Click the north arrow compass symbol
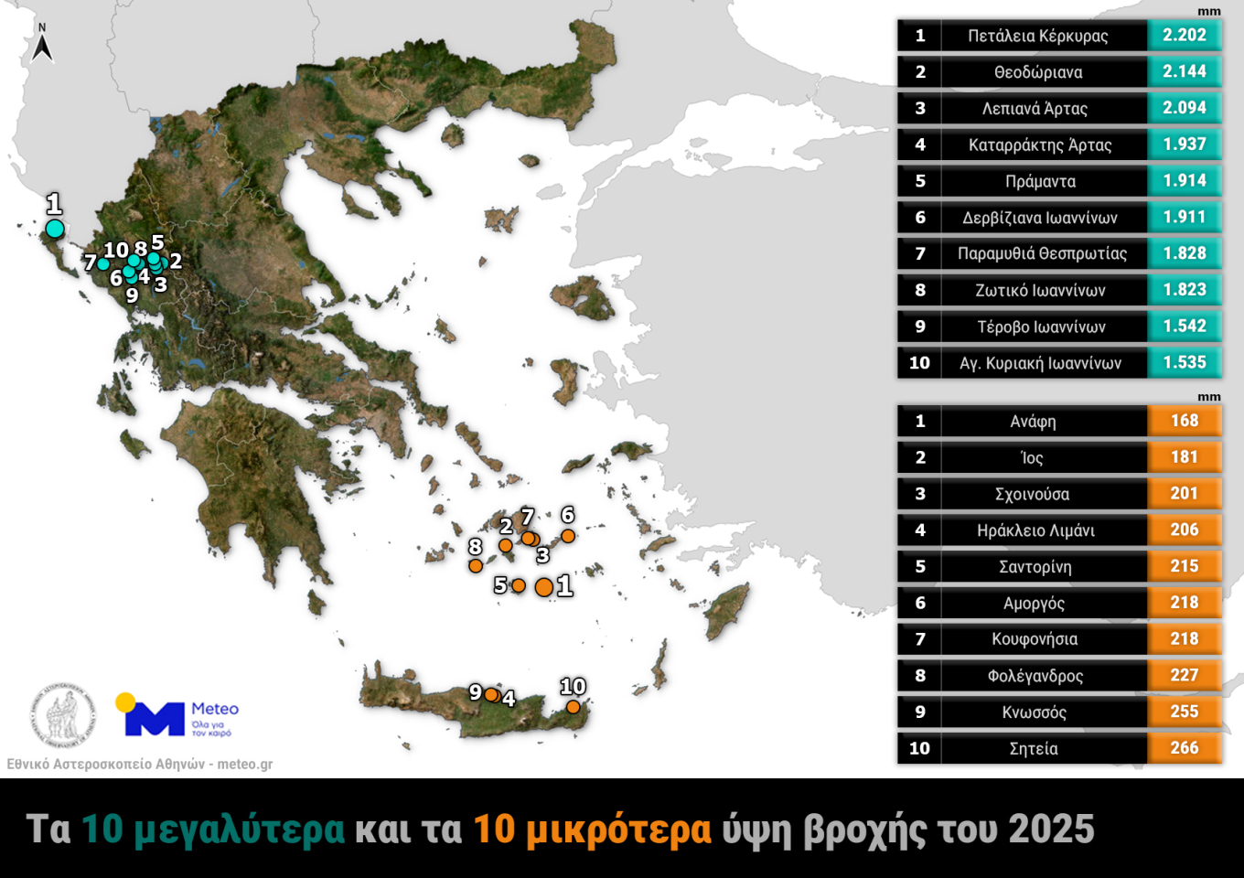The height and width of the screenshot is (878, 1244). pyautogui.click(x=41, y=44)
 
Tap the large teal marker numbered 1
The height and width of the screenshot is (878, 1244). pyautogui.click(x=55, y=229)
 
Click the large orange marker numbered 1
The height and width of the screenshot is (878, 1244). pyautogui.click(x=544, y=587)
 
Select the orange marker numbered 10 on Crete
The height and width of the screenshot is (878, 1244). pyautogui.click(x=573, y=707)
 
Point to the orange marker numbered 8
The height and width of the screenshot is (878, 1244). pyautogui.click(x=476, y=566)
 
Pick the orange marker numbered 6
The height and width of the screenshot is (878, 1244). pyautogui.click(x=568, y=536)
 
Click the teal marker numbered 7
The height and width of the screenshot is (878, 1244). pyautogui.click(x=103, y=264)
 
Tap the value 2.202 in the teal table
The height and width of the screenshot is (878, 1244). pyautogui.click(x=1185, y=36)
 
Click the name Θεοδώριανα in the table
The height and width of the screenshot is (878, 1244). pyautogui.click(x=1038, y=72)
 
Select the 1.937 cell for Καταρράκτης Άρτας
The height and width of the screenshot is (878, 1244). pyautogui.click(x=1185, y=145)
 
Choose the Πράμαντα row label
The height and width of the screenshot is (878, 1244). pyautogui.click(x=1040, y=181)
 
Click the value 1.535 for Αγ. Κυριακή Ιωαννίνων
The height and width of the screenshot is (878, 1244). pyautogui.click(x=1185, y=363)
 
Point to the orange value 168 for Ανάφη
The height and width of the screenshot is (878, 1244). pyautogui.click(x=1185, y=421)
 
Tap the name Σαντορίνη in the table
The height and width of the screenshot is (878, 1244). pyautogui.click(x=1035, y=567)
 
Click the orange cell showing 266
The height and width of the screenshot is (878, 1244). pyautogui.click(x=1185, y=748)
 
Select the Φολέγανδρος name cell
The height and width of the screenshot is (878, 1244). pyautogui.click(x=1035, y=676)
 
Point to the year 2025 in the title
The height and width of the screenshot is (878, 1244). pyautogui.click(x=1051, y=830)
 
